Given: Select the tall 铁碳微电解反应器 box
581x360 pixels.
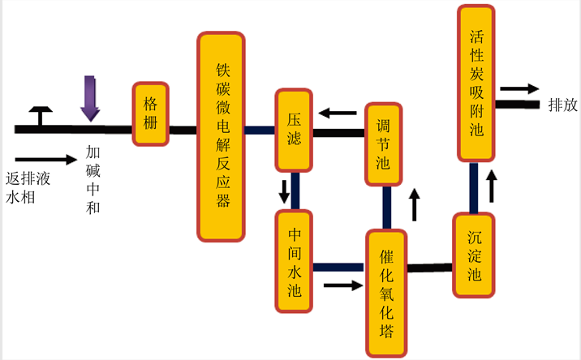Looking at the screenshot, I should pos(221,136).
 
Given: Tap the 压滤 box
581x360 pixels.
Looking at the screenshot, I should pos(294,130).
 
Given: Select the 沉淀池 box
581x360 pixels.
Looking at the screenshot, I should pos(475,256).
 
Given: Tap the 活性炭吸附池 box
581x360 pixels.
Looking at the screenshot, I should pos(476,83).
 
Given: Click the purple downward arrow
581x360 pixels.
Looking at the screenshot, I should pos(90,98).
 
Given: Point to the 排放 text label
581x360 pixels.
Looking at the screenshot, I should pos(562,105).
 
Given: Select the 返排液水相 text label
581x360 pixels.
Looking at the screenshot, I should pos(24,186).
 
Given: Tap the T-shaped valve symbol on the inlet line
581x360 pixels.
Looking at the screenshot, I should pos(38,116).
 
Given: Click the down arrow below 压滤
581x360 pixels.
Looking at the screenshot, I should pos(285,191).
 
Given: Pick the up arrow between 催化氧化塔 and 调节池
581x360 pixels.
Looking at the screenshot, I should pos(415,205).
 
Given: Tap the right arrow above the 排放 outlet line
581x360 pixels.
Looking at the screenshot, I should pos(519,89).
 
